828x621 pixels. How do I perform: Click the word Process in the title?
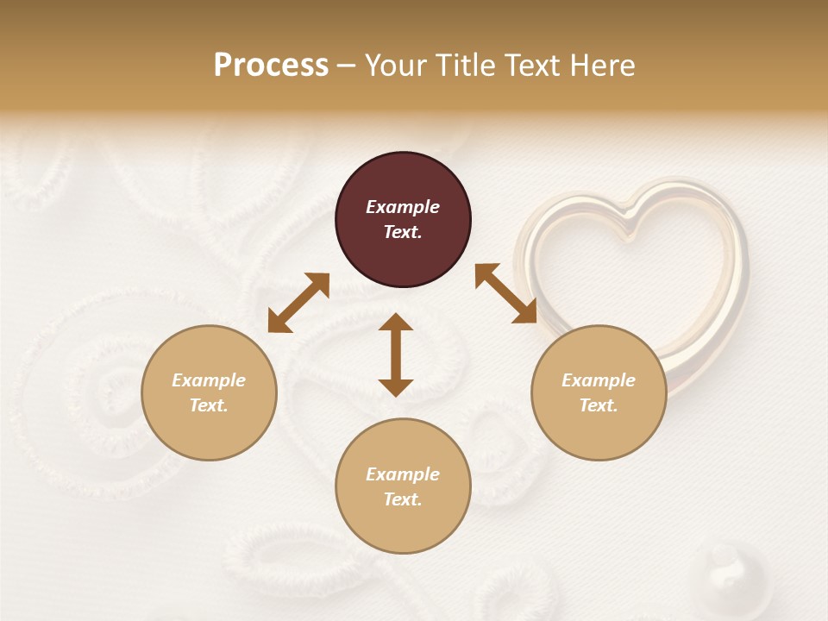tap(271, 66)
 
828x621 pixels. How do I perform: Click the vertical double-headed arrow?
tap(396, 354)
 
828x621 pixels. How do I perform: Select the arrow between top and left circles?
tap(298, 303)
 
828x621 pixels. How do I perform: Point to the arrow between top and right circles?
tap(505, 293)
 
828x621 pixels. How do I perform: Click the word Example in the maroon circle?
tap(403, 207)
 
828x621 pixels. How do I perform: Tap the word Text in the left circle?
tap(208, 405)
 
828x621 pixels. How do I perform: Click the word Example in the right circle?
tap(599, 380)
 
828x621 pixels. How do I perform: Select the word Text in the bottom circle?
tap(402, 499)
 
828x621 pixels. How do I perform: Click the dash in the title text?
tap(346, 66)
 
